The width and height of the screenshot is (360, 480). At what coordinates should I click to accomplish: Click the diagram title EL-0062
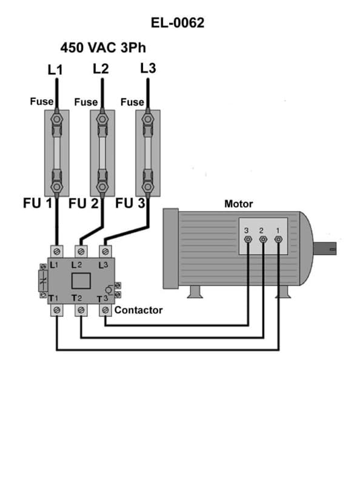click(178, 23)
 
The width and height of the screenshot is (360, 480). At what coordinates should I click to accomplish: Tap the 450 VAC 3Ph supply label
click(103, 47)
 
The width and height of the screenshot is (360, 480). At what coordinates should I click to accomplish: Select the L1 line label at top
click(55, 70)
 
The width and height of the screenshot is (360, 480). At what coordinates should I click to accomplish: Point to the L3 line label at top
click(148, 68)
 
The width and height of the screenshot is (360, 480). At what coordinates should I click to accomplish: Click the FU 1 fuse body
click(56, 152)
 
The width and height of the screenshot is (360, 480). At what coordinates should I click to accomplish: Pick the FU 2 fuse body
click(102, 152)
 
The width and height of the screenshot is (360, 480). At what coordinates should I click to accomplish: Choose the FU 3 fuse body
click(147, 152)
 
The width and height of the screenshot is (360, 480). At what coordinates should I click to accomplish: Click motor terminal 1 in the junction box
click(278, 241)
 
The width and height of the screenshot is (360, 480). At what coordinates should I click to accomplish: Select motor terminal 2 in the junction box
click(263, 241)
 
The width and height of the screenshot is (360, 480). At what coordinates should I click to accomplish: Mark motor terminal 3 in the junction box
click(248, 241)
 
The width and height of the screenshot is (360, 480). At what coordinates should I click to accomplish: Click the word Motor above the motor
click(238, 204)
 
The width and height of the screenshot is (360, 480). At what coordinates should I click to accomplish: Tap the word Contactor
click(139, 310)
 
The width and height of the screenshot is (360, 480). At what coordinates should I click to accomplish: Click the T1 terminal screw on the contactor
click(56, 310)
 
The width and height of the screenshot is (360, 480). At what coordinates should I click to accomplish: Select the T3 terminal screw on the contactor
click(105, 310)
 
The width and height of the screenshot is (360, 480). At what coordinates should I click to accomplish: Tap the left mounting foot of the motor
click(194, 293)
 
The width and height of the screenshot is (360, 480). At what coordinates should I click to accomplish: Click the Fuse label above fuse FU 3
click(132, 102)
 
